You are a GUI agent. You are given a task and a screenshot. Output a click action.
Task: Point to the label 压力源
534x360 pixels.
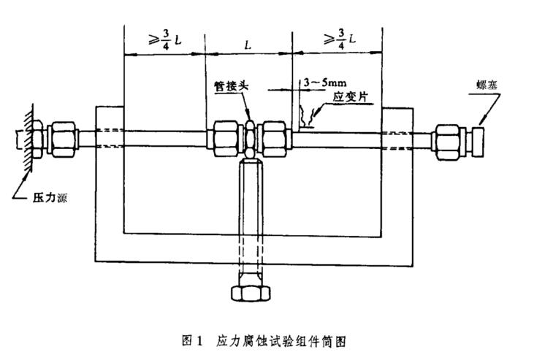(x=50, y=197)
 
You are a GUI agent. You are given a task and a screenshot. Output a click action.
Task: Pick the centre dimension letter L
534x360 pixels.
(x=248, y=45)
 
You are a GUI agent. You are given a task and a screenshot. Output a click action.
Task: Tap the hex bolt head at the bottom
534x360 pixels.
(x=251, y=294)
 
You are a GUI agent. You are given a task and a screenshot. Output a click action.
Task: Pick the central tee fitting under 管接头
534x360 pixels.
(x=250, y=139)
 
